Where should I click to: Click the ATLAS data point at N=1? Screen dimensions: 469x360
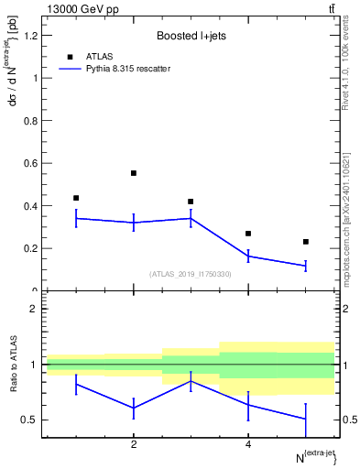tap(76, 198)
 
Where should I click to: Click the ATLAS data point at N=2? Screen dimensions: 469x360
tap(134, 173)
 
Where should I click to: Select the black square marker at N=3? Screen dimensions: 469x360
tap(191, 202)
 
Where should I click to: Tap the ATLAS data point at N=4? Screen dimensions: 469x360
tap(248, 234)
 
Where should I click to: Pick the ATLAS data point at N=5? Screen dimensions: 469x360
tap(306, 242)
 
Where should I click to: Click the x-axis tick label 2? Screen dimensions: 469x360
tap(134, 445)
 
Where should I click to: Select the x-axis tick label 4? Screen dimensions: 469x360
tap(248, 445)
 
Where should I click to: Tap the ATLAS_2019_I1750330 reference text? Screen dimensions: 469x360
tap(191, 274)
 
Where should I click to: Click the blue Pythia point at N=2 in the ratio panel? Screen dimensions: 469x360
tap(134, 408)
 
